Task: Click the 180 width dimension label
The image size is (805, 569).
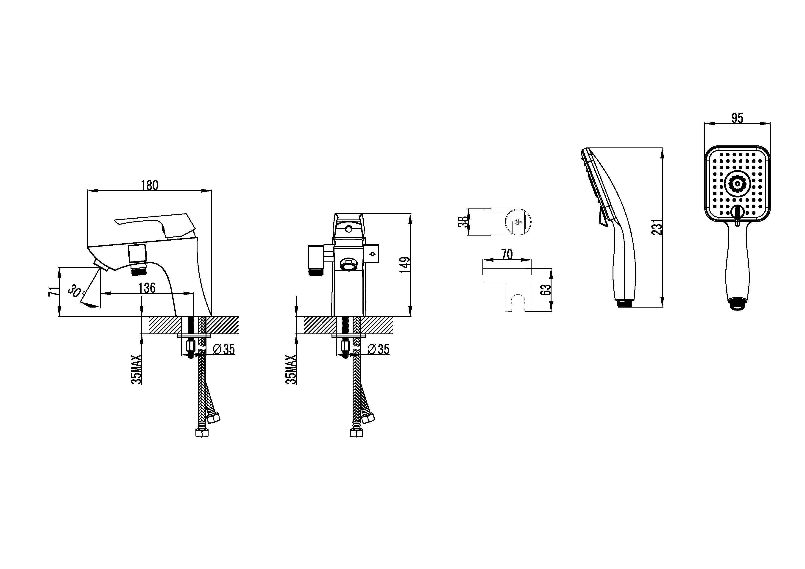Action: pyautogui.click(x=150, y=185)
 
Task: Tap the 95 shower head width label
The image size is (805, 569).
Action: pyautogui.click(x=737, y=118)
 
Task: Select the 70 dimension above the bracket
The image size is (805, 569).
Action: pyautogui.click(x=507, y=254)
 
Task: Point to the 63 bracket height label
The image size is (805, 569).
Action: pyautogui.click(x=546, y=290)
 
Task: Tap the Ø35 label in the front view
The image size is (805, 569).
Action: pyautogui.click(x=379, y=349)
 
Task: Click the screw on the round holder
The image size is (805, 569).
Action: pyautogui.click(x=518, y=222)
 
